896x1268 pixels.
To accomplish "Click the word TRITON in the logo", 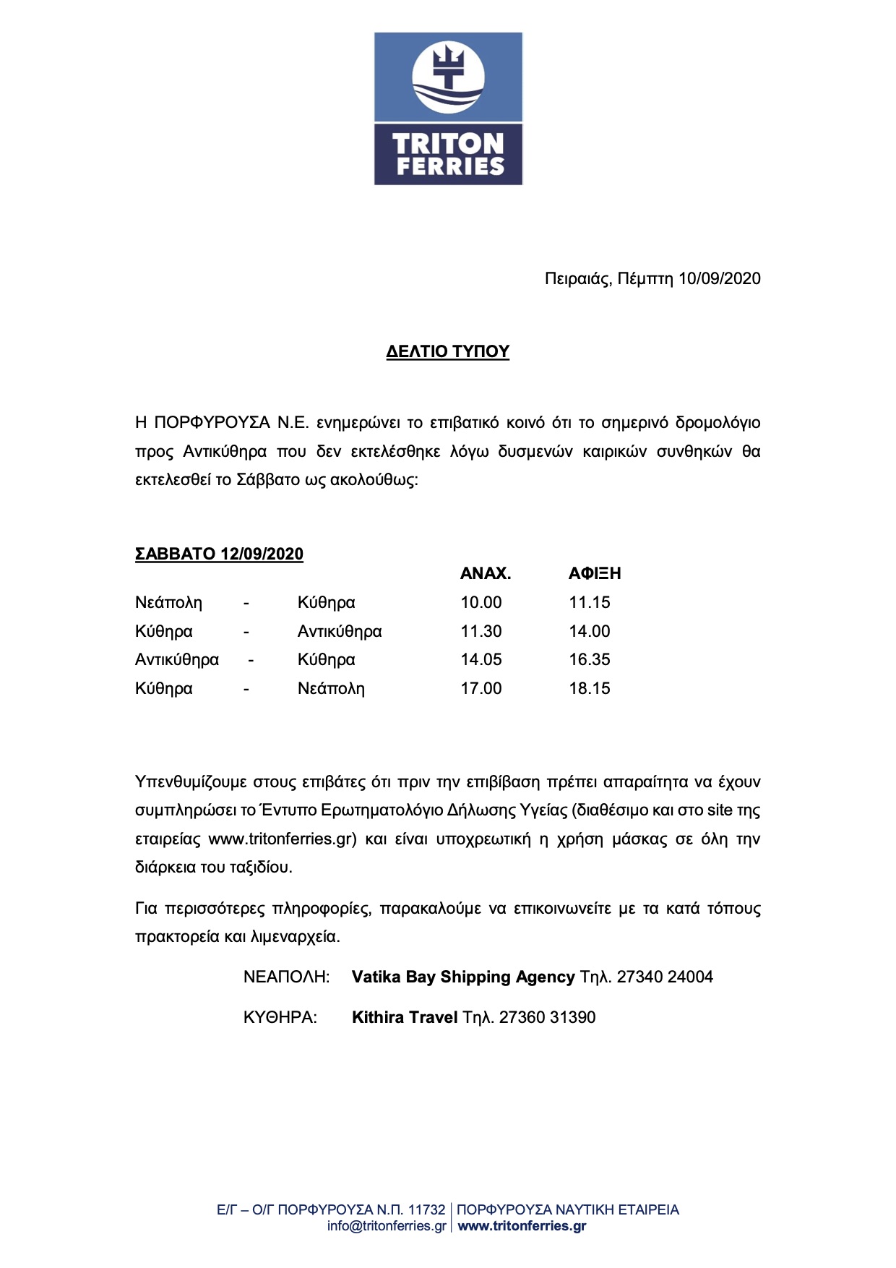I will coord(448,143).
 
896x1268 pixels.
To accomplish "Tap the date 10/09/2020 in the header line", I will coord(719,279).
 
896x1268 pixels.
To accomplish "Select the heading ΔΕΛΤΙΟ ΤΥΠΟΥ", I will coord(448,352).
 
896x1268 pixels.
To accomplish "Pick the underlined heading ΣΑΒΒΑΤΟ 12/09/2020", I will coord(219,554).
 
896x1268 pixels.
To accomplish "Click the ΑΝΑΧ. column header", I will coord(486,574).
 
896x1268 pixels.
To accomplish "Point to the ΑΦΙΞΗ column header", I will coord(595,574).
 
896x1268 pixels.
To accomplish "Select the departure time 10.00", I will coord(481,603).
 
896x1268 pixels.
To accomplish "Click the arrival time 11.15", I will coord(590,603).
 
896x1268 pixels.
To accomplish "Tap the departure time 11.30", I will coord(481,632).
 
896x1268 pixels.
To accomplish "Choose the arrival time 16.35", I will coord(590,660).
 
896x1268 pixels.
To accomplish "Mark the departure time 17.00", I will coord(481,689).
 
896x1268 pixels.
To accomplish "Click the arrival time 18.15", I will coord(590,689).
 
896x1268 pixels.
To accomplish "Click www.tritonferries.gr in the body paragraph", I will coord(283,839).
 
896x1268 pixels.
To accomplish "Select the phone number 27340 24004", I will coord(665,977).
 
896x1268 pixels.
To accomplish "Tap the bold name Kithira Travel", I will coord(405,1018).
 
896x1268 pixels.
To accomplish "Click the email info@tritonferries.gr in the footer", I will coord(387,1226).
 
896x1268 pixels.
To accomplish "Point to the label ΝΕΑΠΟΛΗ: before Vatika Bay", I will coord(286,977).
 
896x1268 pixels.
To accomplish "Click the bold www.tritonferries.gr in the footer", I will coord(522,1226).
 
